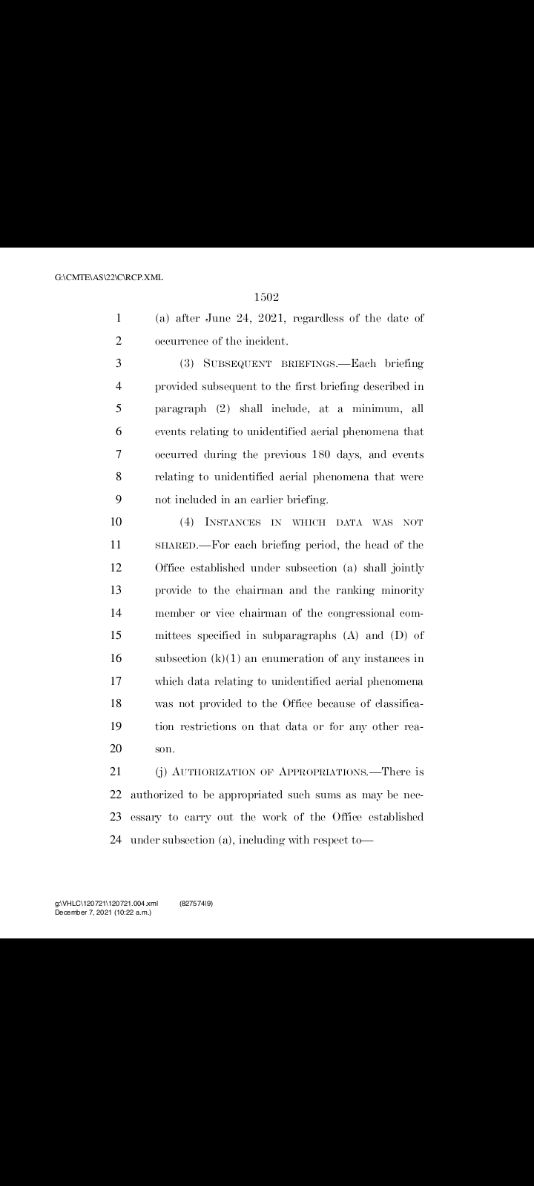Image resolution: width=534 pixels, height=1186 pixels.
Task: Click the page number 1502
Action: pyautogui.click(x=266, y=297)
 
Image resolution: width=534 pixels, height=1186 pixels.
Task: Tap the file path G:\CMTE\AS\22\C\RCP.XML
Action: pyautogui.click(x=109, y=277)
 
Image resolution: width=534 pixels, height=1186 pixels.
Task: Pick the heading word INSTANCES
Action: pyautogui.click(x=235, y=522)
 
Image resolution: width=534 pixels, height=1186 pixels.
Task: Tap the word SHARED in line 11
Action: pyautogui.click(x=176, y=545)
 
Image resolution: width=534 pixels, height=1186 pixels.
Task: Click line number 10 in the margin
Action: pyautogui.click(x=116, y=522)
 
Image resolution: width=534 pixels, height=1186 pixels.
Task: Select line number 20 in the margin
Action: pyautogui.click(x=116, y=749)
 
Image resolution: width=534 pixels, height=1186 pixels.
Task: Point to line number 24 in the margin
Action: pyautogui.click(x=116, y=839)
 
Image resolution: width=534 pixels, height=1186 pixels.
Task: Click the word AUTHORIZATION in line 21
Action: pyautogui.click(x=210, y=772)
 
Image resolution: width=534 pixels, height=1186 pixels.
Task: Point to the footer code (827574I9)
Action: pyautogui.click(x=197, y=904)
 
